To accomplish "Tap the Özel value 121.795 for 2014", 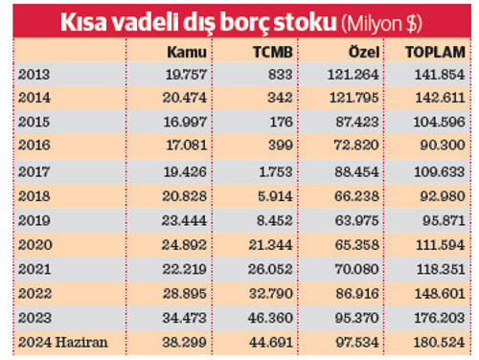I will tap(360, 99).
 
